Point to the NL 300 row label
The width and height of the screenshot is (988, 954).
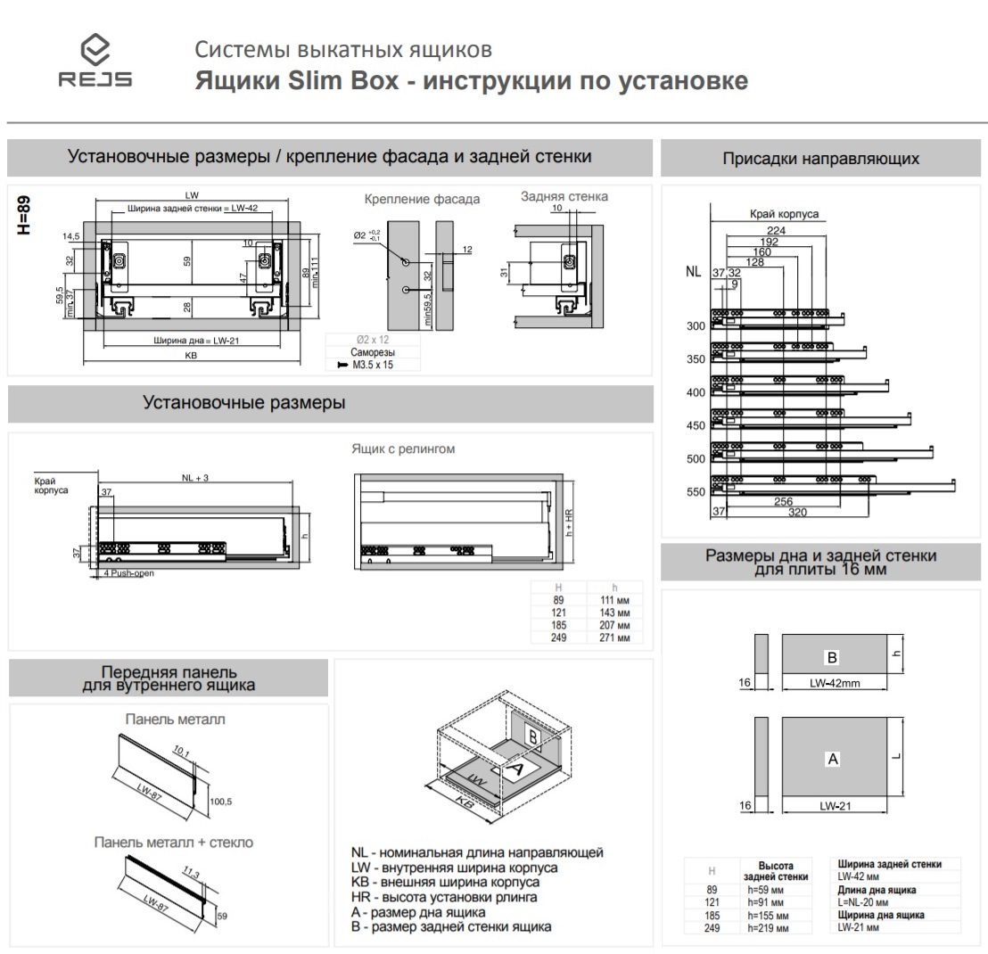click(696, 326)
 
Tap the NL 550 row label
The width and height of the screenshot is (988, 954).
click(696, 492)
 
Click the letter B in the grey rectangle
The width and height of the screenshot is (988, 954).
click(831, 657)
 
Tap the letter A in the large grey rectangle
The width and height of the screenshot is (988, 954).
click(833, 759)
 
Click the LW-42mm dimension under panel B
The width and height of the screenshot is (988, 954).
click(835, 684)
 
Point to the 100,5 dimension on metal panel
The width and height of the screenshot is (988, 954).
click(220, 802)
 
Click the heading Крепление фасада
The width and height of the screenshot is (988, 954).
click(422, 199)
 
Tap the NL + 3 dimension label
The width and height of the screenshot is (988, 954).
click(194, 479)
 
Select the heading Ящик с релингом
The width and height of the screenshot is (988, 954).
click(403, 448)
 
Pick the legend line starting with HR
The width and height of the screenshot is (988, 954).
click(444, 898)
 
